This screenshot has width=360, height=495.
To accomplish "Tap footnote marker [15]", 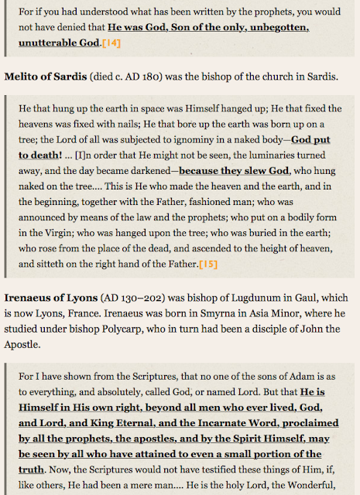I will click(x=208, y=264).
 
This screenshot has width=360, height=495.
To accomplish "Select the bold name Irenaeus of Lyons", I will click(x=50, y=296).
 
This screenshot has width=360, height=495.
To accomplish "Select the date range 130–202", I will click(x=148, y=296).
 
